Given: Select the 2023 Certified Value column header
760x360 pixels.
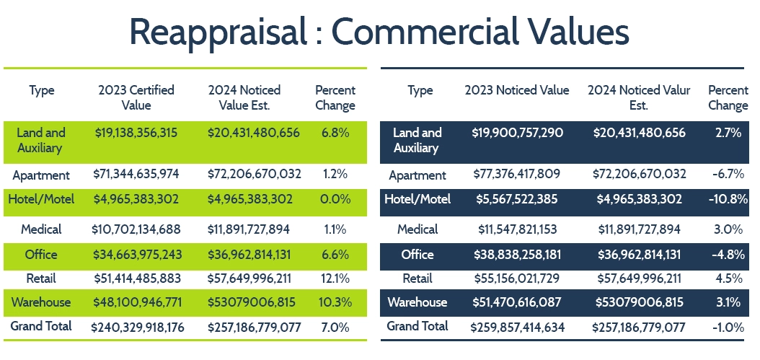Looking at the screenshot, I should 136,97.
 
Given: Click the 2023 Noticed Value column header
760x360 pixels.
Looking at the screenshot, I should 517,90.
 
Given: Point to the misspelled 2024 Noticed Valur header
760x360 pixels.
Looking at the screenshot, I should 639,97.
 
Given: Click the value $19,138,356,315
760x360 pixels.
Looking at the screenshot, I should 136,133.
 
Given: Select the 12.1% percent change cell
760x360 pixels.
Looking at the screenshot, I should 335,278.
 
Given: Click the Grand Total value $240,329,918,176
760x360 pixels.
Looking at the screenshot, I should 138,327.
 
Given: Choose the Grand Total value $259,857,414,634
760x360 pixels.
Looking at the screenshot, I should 518,327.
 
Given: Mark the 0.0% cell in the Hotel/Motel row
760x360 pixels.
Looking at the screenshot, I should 335,199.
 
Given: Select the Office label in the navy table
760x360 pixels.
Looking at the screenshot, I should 418,254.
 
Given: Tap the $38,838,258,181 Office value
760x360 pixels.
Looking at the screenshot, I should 518,254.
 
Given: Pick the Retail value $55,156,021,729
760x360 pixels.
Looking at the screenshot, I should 518,278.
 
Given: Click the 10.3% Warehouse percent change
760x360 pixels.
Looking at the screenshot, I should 335,302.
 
